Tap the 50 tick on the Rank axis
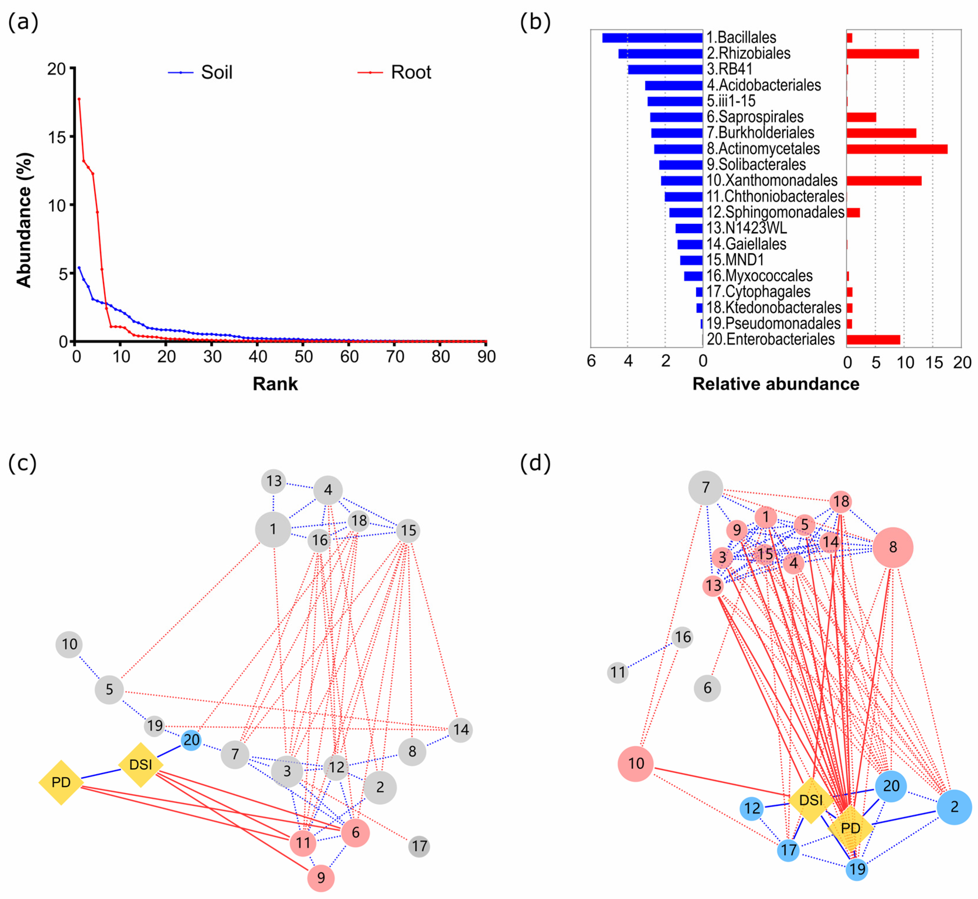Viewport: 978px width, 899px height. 303,357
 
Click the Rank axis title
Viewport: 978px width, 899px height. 275,384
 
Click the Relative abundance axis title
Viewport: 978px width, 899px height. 776,384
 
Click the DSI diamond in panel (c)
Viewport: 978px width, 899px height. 141,765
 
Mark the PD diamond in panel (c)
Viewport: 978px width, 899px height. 61,782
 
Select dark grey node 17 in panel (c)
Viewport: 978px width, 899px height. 419,847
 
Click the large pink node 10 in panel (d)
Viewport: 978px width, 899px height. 635,764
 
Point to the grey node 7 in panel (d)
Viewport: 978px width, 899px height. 706,487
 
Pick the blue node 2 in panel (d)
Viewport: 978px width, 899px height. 954,807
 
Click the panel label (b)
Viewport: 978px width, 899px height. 535,22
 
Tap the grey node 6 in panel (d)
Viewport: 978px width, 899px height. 707,688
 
